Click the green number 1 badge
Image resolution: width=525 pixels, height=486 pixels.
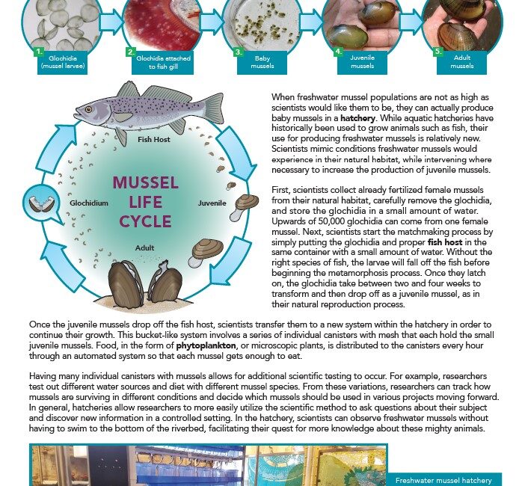coord(39,52)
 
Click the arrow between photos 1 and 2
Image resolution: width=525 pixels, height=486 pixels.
coord(110,22)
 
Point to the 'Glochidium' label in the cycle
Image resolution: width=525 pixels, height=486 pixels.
coord(90,203)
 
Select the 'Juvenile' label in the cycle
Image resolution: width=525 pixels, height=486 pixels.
coord(212,203)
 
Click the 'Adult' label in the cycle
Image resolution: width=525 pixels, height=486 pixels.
coord(145,247)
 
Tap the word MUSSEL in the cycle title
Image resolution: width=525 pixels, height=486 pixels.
coord(145,183)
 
